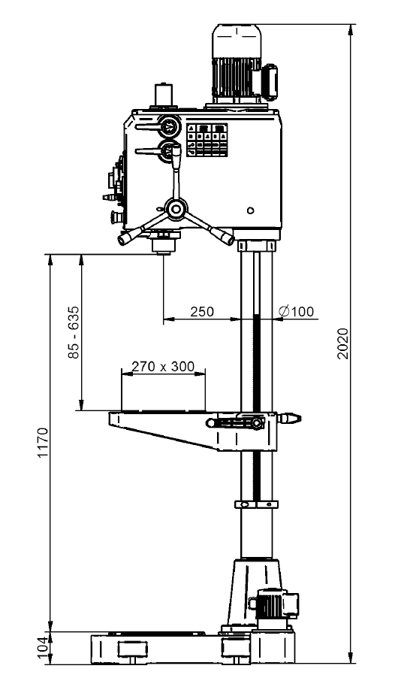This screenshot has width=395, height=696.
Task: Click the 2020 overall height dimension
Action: click(x=343, y=343)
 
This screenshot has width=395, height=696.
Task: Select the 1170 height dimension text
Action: click(x=43, y=443)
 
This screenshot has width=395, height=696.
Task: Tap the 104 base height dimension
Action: click(x=41, y=648)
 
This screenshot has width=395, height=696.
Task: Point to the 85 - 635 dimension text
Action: click(x=74, y=332)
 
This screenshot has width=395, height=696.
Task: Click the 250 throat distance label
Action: click(x=202, y=312)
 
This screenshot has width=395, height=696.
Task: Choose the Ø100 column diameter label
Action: click(x=296, y=312)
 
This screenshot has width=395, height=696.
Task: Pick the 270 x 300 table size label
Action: click(x=163, y=367)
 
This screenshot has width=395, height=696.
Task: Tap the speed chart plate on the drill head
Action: click(x=207, y=140)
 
